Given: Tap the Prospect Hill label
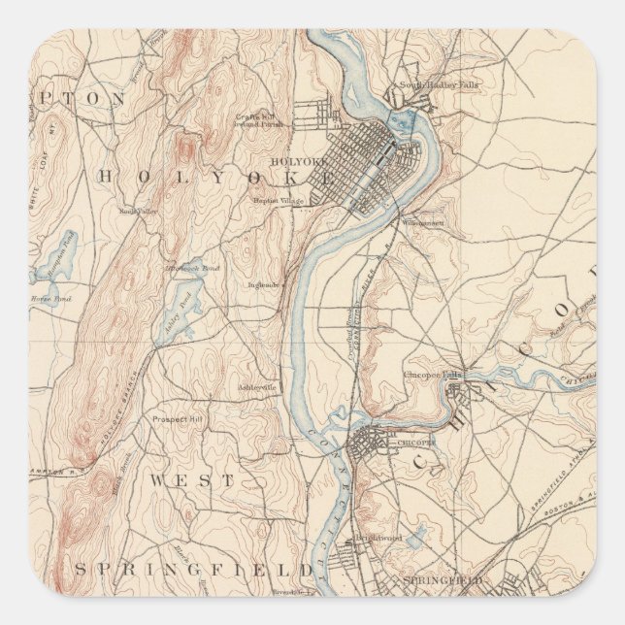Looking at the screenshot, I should pos(177,419).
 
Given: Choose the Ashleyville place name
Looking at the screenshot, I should pos(257,387).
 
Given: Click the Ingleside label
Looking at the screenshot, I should pos(264,285).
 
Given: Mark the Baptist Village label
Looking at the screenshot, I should pos(280,201).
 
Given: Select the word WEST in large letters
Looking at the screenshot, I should pos(192,480).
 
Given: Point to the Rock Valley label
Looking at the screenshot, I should pos(138,210).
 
